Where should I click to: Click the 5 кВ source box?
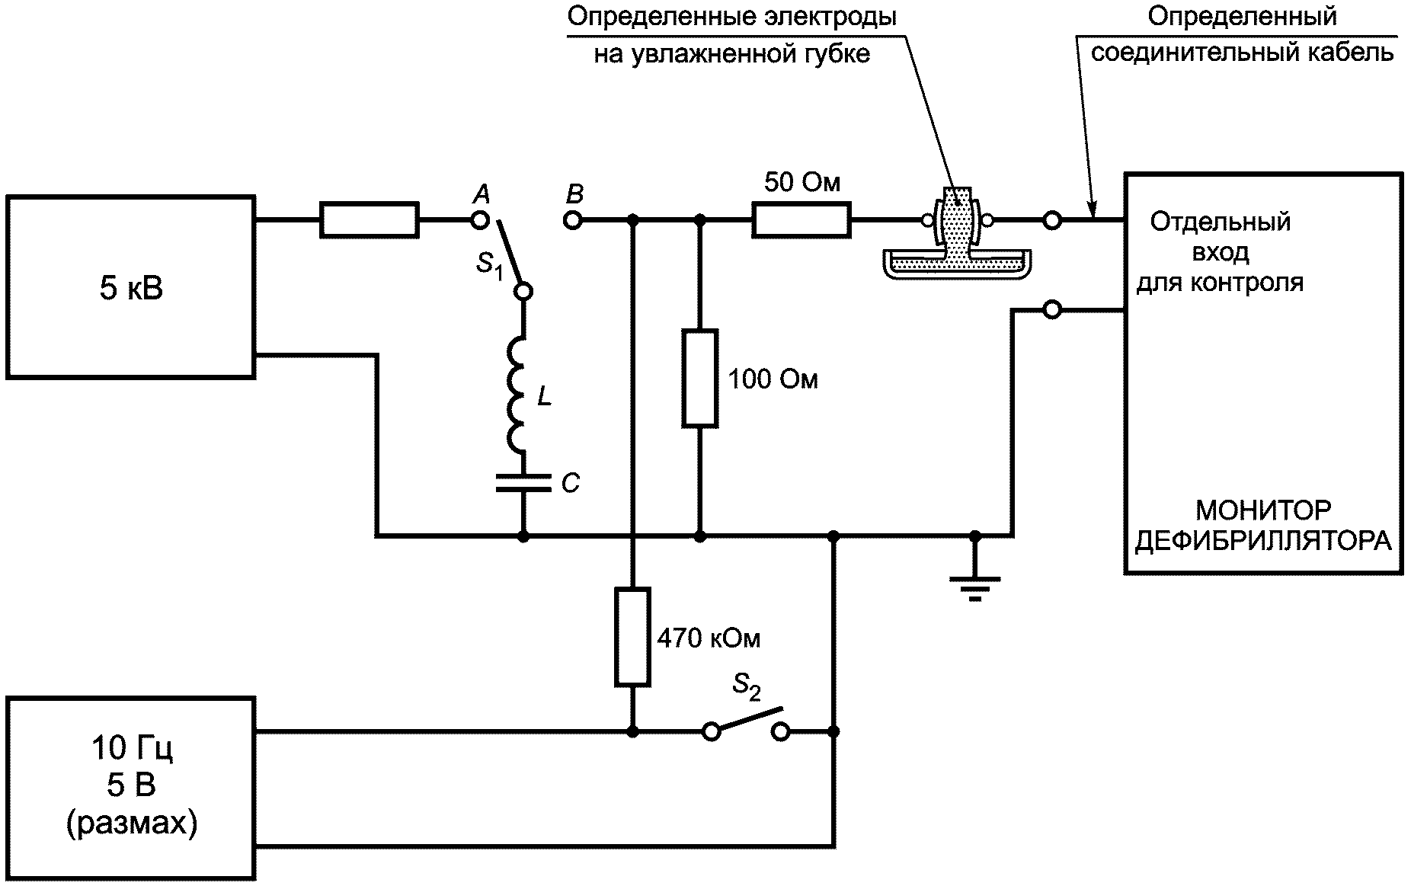click(130, 287)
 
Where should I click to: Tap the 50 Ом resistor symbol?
click(801, 220)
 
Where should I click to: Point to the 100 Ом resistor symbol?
click(699, 378)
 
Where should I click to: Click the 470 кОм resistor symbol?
click(632, 637)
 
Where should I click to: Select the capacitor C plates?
click(523, 483)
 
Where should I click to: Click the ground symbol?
click(974, 587)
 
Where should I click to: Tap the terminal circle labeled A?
click(479, 221)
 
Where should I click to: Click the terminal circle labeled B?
click(573, 221)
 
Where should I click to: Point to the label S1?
click(490, 267)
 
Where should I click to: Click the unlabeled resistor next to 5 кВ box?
click(369, 220)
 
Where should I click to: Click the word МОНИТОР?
click(1262, 509)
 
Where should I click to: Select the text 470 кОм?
click(709, 638)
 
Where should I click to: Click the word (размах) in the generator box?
click(132, 824)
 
